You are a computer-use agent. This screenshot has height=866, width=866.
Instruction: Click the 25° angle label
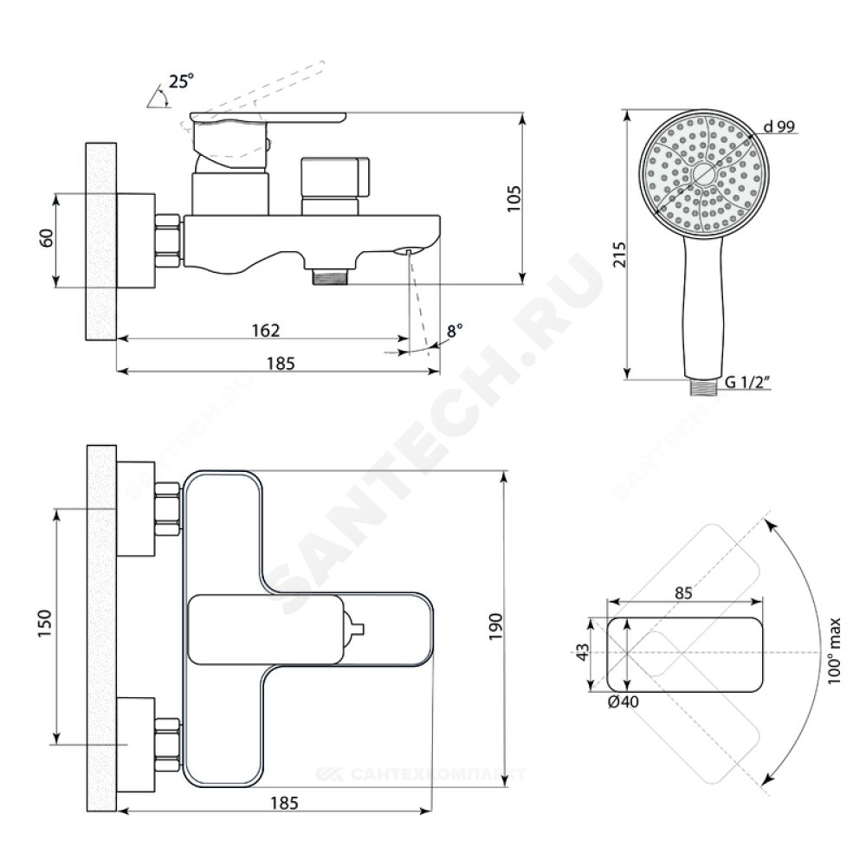182,81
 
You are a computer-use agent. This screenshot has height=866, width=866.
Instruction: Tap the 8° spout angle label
455,332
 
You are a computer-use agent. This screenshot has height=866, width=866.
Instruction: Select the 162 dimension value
266,330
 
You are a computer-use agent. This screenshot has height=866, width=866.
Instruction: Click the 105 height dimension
513,198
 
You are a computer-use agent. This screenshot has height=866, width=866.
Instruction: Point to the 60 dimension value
48,238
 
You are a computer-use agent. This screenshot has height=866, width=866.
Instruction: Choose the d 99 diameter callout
779,127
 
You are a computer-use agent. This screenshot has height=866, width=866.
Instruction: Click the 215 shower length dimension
621,254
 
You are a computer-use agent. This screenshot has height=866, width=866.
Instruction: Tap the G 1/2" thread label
746,382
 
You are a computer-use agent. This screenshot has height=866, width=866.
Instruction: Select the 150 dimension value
44,623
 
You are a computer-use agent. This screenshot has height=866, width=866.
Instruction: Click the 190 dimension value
495,626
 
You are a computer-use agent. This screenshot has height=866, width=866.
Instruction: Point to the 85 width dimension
683,592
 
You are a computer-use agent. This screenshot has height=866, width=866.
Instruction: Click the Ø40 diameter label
623,701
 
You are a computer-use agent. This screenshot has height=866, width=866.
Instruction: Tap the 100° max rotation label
833,650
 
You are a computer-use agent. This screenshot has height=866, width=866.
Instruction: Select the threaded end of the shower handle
703,387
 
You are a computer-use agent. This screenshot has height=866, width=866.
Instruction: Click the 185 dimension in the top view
284,803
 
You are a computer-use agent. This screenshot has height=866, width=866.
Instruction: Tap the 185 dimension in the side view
281,364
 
